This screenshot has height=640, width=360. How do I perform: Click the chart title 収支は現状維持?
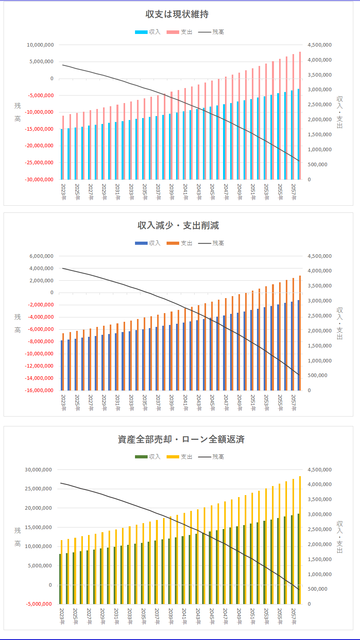[177, 14]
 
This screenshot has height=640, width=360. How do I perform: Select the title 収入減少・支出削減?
[178, 225]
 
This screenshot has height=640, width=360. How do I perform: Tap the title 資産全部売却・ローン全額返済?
[181, 439]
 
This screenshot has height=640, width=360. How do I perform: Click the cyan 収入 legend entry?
[148, 32]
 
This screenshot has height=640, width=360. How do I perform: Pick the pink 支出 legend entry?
[179, 32]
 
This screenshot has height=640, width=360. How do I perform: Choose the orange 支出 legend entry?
[179, 243]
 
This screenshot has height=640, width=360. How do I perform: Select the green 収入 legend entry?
[148, 457]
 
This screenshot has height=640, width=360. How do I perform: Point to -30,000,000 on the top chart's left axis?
[39, 180]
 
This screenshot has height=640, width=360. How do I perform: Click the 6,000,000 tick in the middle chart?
[41, 256]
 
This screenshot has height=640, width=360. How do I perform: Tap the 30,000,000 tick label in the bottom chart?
[38, 470]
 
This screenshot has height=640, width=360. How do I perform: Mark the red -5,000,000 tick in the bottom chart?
[39, 604]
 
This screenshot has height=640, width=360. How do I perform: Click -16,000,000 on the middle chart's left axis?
[39, 390]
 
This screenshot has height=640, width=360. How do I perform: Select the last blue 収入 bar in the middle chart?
[298, 345]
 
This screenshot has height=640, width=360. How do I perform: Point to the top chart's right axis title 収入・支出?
[339, 112]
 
